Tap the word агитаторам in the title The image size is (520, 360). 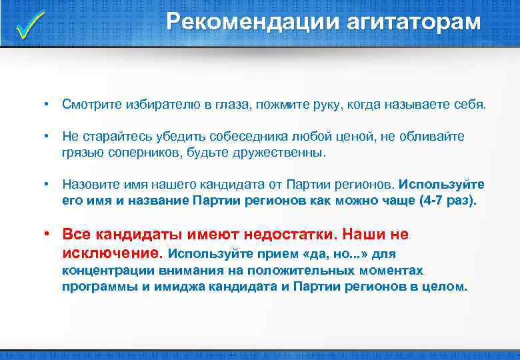414,22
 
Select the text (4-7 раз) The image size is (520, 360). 449,200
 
